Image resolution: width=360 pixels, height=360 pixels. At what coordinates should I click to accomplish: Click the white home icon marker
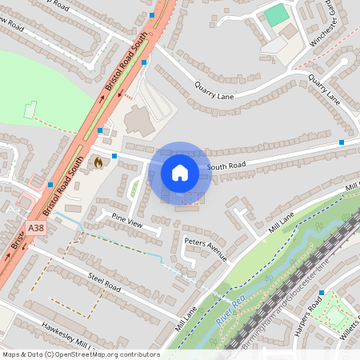pyautogui.click(x=180, y=171)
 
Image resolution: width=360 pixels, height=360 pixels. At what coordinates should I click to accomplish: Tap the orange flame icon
pyautogui.click(x=98, y=162)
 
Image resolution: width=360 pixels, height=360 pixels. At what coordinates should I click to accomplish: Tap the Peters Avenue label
pyautogui.click(x=206, y=249)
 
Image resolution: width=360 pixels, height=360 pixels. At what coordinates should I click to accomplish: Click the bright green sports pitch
pyautogui.click(x=276, y=14)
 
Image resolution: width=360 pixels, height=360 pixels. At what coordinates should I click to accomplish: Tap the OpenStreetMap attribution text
pyautogui.click(x=80, y=354)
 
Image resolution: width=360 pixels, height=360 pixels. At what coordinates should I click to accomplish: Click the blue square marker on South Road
pyautogui.click(x=342, y=142)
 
